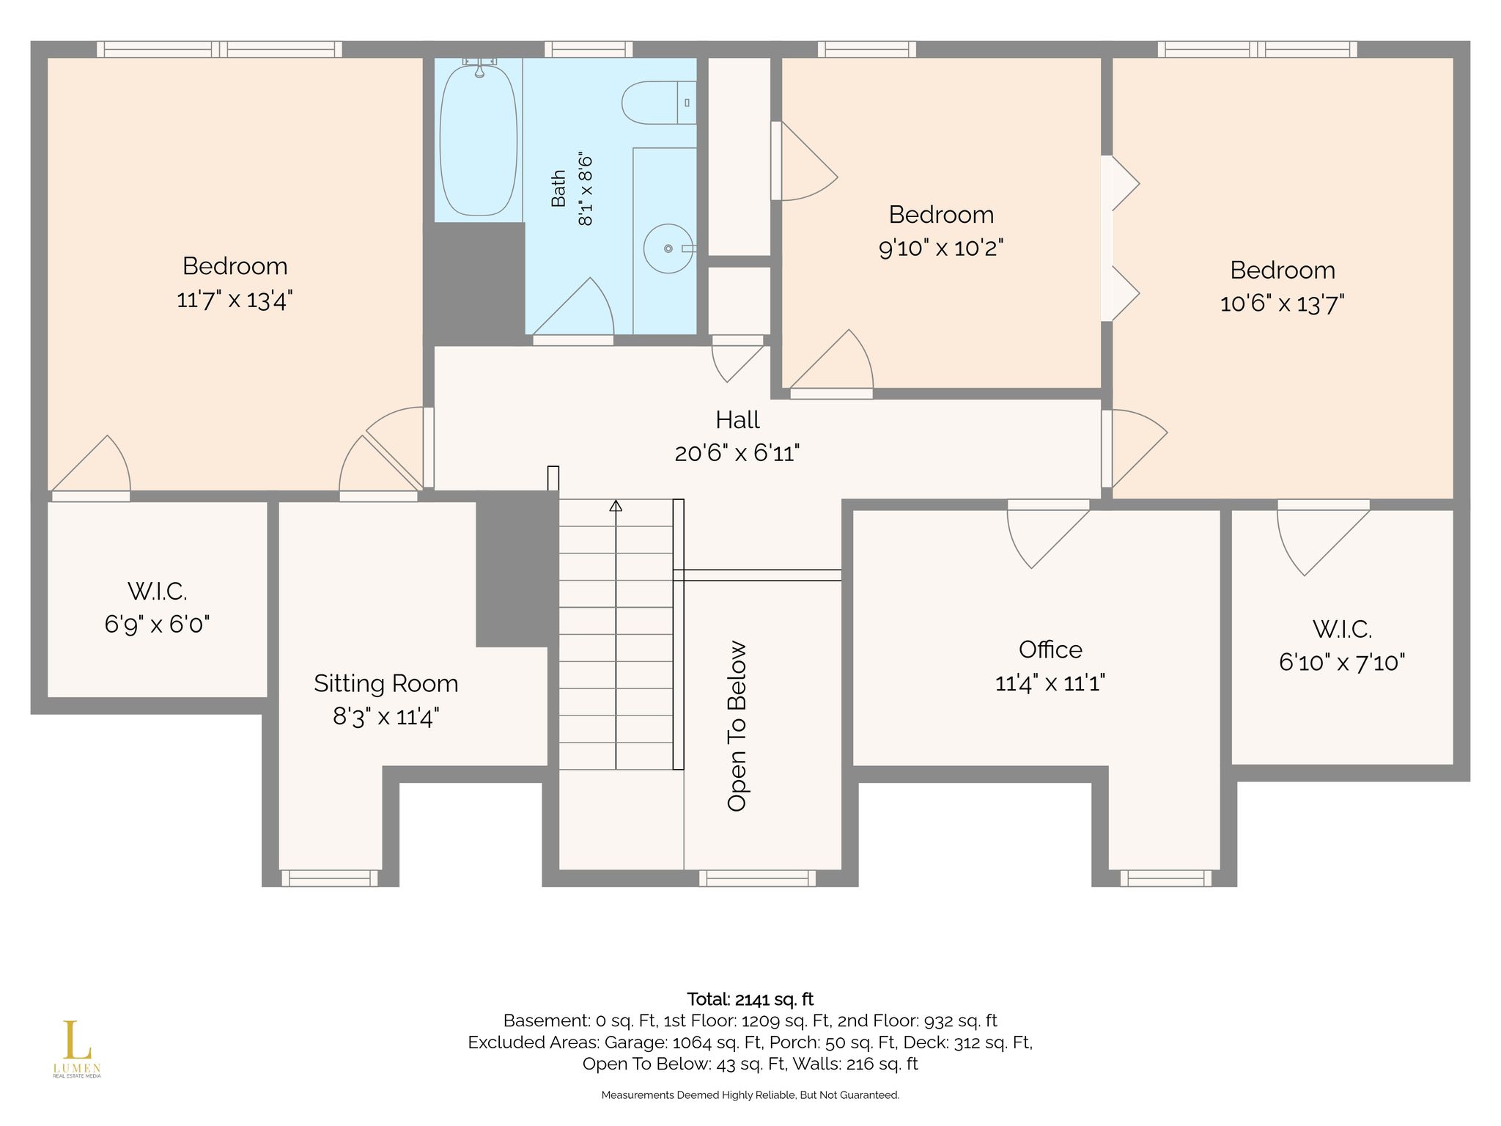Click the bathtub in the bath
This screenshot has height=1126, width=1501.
(478, 139)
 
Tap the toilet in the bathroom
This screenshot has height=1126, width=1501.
(658, 103)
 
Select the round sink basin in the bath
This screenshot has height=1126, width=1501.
(668, 249)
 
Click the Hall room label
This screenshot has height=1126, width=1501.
(737, 420)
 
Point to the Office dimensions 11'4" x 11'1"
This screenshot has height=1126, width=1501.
(1050, 683)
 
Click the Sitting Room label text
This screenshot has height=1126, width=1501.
(386, 683)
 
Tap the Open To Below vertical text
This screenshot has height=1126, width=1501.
(737, 726)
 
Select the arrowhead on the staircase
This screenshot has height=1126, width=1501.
(616, 505)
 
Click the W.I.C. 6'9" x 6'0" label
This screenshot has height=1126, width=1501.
(157, 607)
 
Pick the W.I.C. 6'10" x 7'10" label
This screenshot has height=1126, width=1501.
(1342, 645)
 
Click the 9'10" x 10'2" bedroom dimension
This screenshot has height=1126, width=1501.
(941, 249)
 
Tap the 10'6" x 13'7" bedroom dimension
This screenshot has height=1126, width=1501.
(1283, 303)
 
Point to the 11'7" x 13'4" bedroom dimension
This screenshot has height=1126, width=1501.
(235, 300)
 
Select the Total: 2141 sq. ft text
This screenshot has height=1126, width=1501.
(750, 999)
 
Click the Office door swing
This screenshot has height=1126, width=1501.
(1041, 539)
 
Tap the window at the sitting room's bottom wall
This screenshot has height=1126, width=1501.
(330, 877)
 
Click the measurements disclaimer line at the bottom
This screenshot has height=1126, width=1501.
(750, 1095)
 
